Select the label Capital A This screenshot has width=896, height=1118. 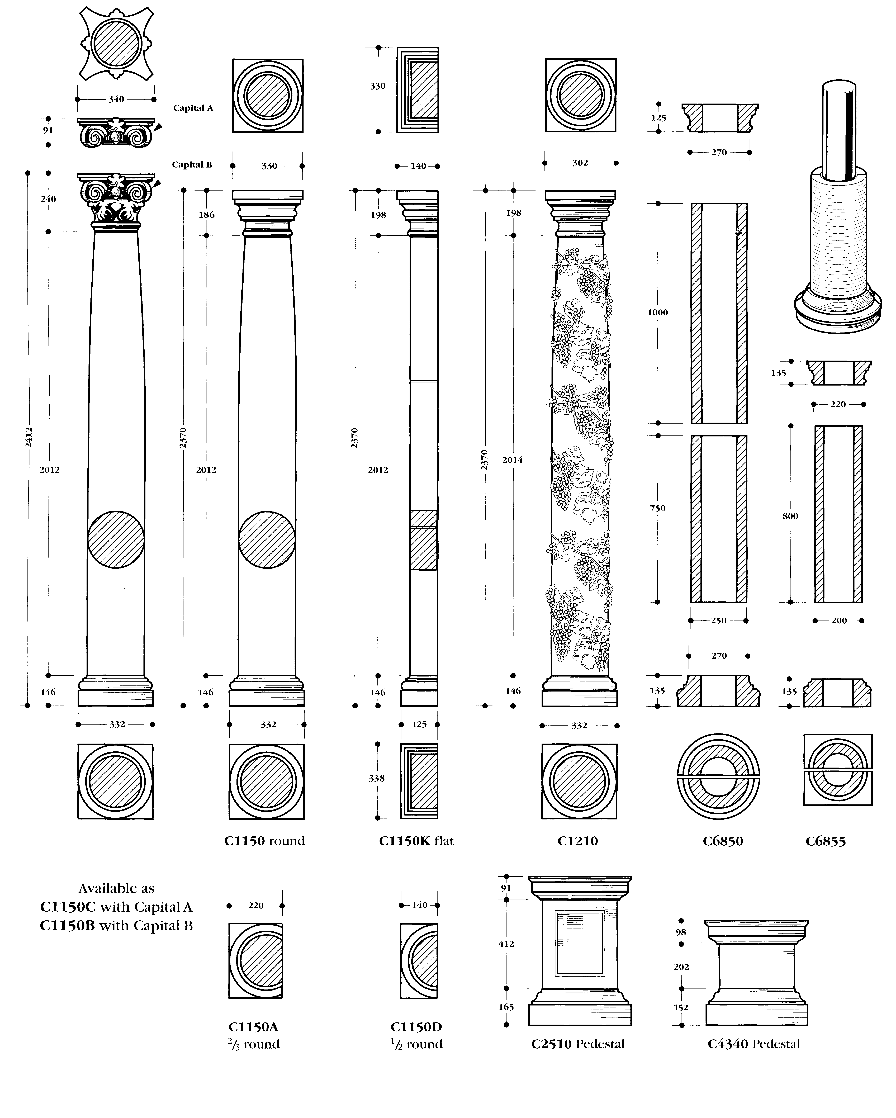pos(193,108)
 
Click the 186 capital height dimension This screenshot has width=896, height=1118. pos(206,215)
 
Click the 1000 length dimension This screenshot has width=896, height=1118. pos(657,312)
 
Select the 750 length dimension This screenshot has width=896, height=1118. pos(657,508)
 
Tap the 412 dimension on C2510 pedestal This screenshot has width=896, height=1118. pos(506,944)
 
